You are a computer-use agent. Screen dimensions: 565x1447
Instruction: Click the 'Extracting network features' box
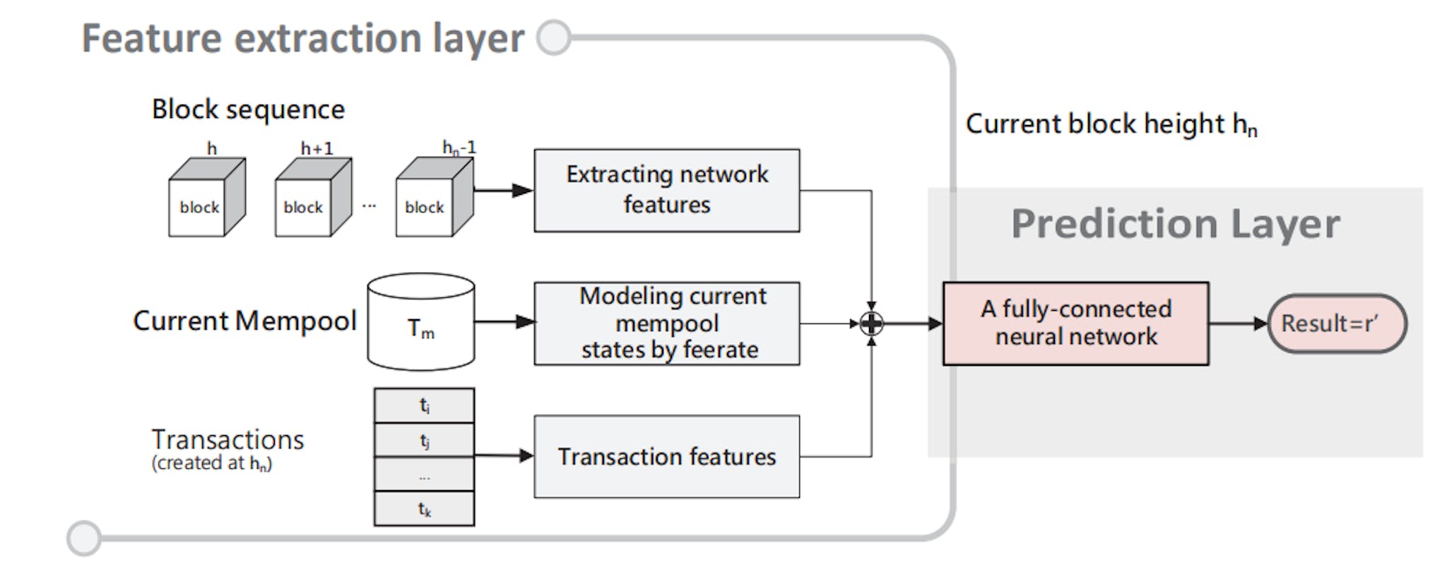coord(666,190)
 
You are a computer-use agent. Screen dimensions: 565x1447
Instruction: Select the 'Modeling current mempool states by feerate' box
coord(666,323)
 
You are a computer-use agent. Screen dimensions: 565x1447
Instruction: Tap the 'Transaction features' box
coord(666,456)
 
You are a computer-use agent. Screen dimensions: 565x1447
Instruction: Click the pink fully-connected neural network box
coord(1075,323)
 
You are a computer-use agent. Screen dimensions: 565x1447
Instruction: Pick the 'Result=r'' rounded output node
coord(1337,323)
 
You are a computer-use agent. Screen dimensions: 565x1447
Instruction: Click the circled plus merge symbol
coord(871,323)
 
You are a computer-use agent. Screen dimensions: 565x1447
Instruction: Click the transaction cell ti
coord(424,405)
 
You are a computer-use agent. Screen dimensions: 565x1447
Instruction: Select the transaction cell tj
coord(424,440)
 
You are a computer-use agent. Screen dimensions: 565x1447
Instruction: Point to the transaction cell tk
coord(424,509)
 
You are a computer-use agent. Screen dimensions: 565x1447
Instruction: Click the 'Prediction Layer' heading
coord(1174,224)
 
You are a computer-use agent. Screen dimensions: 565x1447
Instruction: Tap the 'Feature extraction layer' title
coord(303,38)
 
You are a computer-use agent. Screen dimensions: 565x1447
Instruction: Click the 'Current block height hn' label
coord(1111,124)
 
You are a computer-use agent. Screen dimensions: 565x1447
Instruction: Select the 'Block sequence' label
coord(248,109)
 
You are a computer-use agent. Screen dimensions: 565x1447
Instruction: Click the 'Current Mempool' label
coord(244,321)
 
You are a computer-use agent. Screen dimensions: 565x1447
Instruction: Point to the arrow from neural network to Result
coord(1238,323)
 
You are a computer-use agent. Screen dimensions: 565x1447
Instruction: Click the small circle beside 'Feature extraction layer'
coord(554,37)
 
